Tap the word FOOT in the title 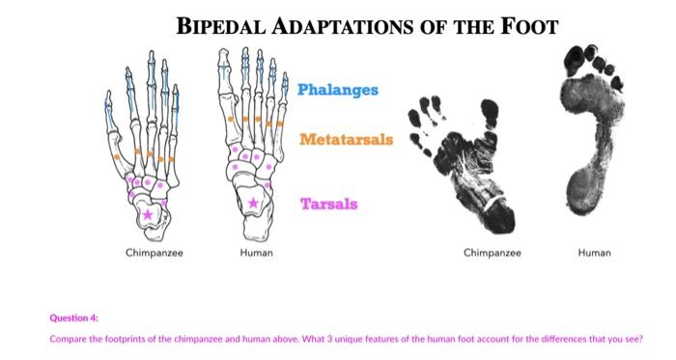click(x=530, y=26)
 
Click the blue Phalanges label click(x=337, y=90)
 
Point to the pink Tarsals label click(x=328, y=204)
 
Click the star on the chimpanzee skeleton click(x=147, y=213)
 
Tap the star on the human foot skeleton click(x=253, y=203)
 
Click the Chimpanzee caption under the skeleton click(x=154, y=253)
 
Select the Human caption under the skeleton click(x=256, y=253)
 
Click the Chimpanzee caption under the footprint click(x=492, y=253)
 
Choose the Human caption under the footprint click(x=594, y=253)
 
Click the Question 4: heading click(x=73, y=317)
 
